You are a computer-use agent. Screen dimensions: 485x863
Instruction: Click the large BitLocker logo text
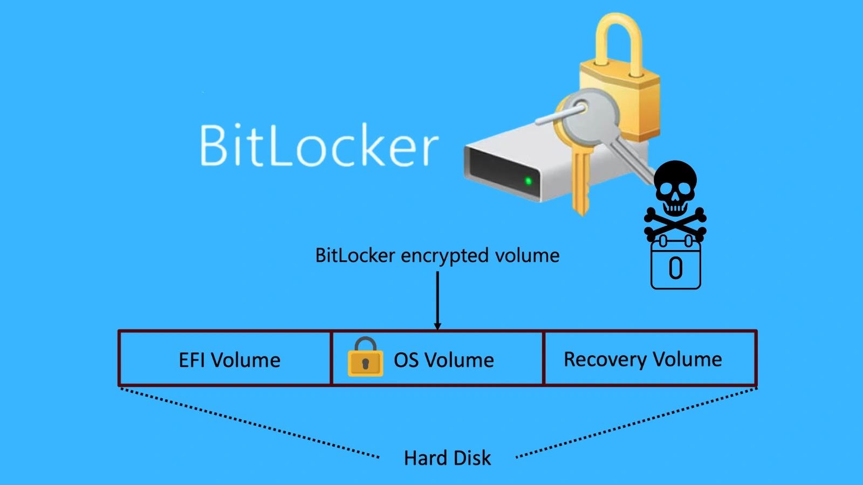coord(319,145)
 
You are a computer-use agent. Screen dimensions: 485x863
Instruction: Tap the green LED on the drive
coord(529,181)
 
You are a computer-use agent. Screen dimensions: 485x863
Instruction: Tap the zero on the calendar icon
coord(676,268)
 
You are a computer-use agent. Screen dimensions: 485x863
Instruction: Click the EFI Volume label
coord(229,360)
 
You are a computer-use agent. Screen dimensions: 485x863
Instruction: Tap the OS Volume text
coord(443,360)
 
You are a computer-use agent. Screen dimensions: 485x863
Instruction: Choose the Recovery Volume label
coord(642,359)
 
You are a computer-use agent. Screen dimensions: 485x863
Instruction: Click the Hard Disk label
coord(447,458)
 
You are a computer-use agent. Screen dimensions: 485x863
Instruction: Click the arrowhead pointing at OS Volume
coord(437,325)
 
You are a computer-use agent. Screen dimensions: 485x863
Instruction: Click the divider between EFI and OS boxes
coord(331,358)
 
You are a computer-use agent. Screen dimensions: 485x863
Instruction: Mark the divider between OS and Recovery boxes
coord(543,358)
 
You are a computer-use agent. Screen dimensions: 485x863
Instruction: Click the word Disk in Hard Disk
coord(472,458)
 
